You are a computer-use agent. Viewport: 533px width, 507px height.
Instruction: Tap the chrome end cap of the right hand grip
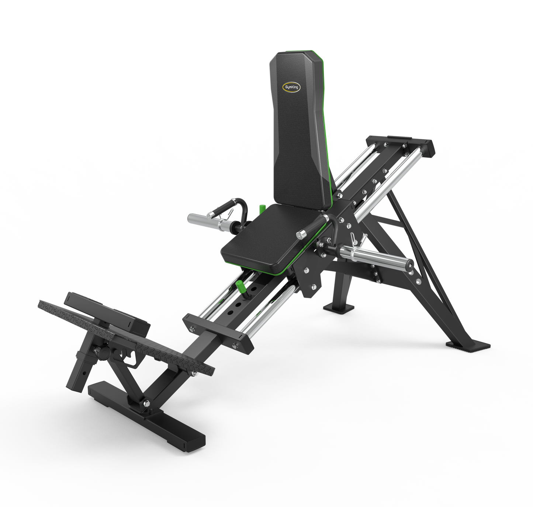tap(302, 235)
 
